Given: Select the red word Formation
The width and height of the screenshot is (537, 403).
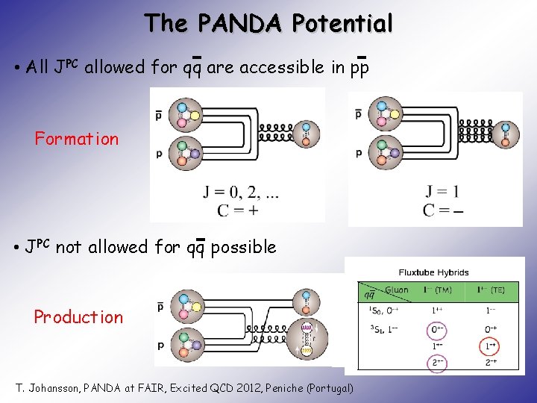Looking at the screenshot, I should pyautogui.click(x=77, y=139).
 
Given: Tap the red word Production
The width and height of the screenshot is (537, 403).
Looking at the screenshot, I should pyautogui.click(x=78, y=317).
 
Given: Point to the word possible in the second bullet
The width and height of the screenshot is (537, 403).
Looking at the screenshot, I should pyautogui.click(x=243, y=247).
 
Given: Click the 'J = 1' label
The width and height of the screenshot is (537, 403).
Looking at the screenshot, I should pyautogui.click(x=442, y=192).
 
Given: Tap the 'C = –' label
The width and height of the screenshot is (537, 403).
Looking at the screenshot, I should pyautogui.click(x=442, y=210).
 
